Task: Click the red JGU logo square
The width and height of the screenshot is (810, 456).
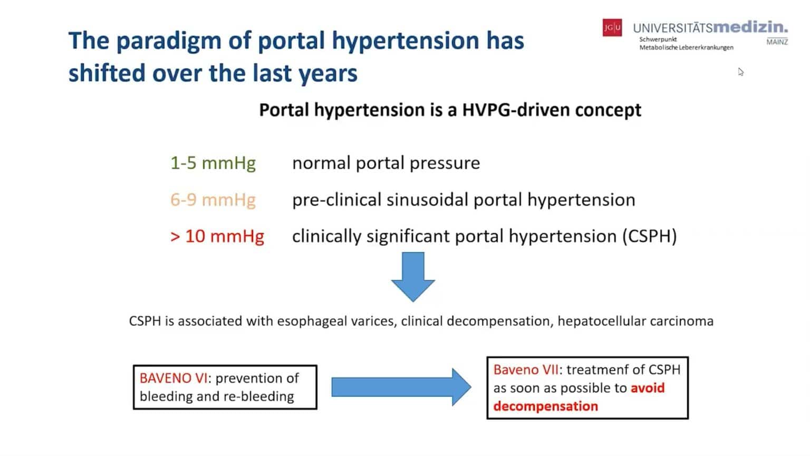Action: click(612, 27)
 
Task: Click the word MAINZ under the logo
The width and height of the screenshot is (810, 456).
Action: click(777, 42)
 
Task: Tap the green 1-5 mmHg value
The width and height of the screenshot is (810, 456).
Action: click(213, 163)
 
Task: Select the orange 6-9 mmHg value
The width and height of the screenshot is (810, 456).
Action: click(213, 200)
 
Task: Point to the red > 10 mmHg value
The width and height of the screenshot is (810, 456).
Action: click(217, 236)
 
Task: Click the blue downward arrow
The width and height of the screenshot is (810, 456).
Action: click(413, 276)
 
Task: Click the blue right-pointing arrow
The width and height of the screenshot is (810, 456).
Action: click(401, 387)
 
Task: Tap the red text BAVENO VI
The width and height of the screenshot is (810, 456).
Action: click(173, 378)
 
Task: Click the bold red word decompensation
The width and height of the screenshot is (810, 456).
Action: click(546, 406)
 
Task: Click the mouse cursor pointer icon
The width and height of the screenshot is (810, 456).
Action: click(740, 72)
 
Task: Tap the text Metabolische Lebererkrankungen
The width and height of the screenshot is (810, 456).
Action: click(686, 47)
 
